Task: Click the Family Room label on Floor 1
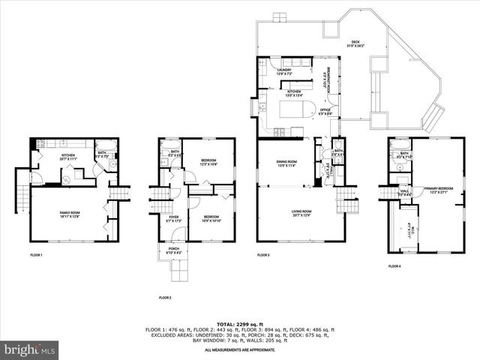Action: click(72, 214)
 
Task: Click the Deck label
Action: click(355, 44)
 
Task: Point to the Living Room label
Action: click(302, 213)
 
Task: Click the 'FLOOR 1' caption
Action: click(36, 256)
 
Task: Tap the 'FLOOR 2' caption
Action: click(165, 298)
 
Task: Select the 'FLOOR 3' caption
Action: click(262, 256)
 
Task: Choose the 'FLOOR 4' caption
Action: click(394, 266)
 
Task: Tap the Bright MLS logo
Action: click(30, 349)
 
